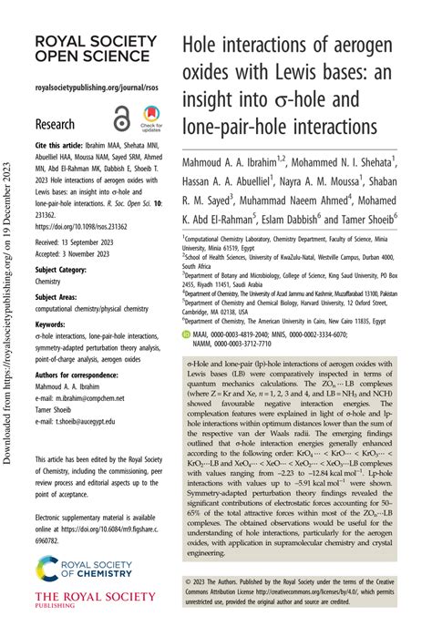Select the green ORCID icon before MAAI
[187, 310]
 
